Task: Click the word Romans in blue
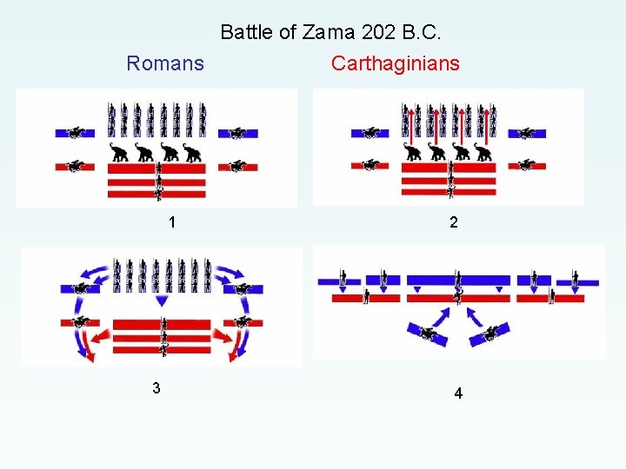(x=165, y=63)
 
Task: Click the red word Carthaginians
(x=396, y=63)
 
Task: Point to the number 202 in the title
(x=376, y=33)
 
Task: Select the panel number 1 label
(x=172, y=222)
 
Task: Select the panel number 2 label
(x=453, y=222)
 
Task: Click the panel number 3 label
(x=156, y=388)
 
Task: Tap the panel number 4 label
(x=458, y=393)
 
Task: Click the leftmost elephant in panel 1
(x=119, y=154)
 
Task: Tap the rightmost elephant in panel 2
(x=483, y=154)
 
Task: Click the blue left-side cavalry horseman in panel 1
(x=78, y=134)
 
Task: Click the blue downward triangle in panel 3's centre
(x=161, y=301)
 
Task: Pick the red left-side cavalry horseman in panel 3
(x=80, y=322)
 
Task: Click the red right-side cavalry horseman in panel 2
(x=526, y=164)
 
